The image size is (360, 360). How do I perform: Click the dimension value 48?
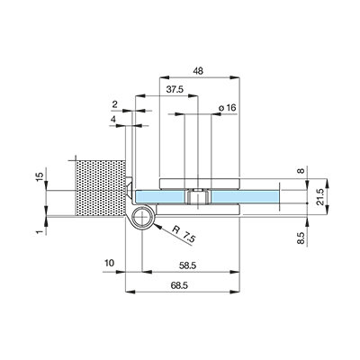pos(198,71)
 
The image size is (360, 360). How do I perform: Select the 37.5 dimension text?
pos(175,89)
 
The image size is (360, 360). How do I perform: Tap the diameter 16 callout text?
pos(228,107)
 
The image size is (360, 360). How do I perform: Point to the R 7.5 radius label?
pos(184,235)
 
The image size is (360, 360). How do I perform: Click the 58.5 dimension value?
pos(187,265)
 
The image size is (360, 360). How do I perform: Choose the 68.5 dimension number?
pos(179,285)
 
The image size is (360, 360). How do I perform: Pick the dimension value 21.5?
pos(320,197)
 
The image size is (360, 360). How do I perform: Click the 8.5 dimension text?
pos(301,238)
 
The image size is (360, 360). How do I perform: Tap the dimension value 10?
pos(109,263)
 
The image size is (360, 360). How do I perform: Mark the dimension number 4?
pos(112,120)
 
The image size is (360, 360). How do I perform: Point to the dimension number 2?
pos(114,104)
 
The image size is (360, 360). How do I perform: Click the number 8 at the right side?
pos(301,171)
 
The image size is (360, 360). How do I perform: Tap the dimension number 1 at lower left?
pos(39,232)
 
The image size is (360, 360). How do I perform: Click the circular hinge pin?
pos(142,217)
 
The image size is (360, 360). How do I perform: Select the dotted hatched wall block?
pos(100,188)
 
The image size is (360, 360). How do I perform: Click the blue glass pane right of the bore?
pos(245,197)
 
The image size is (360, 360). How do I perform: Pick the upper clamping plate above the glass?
pos(199,184)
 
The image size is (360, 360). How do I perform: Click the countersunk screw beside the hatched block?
pos(129,189)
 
